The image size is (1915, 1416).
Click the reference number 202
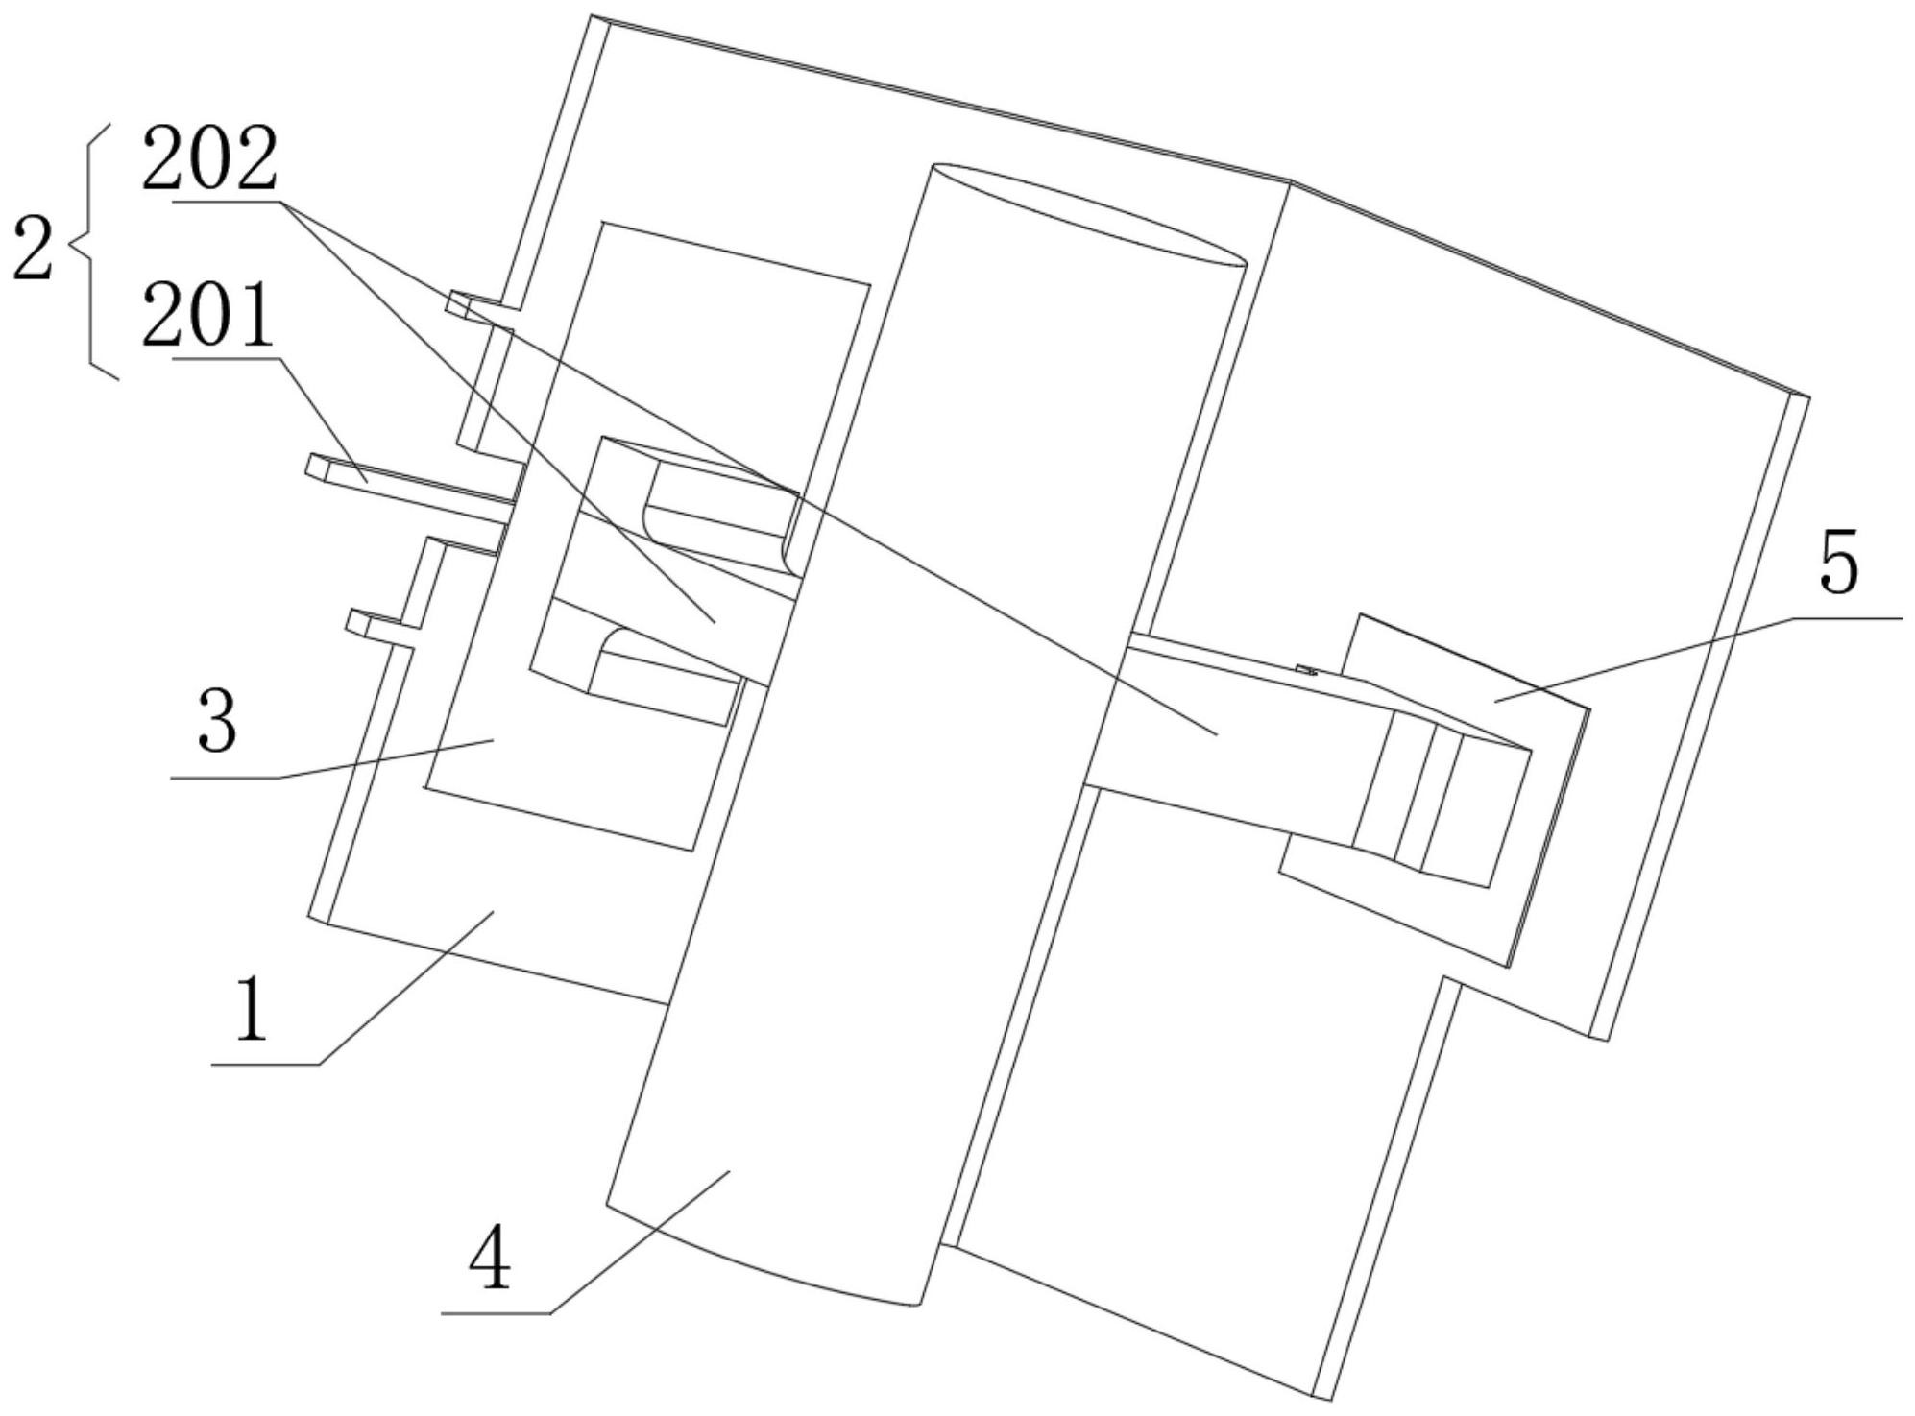tap(209, 161)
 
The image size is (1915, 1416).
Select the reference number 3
tap(217, 722)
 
